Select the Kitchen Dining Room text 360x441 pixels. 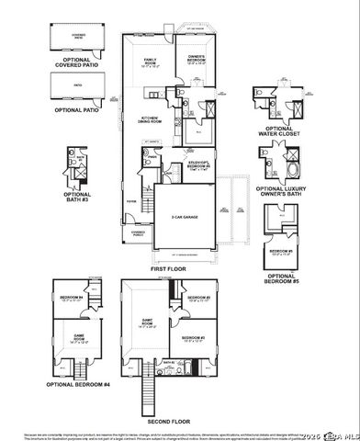[x=152, y=119]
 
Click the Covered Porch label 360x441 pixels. [x=139, y=233]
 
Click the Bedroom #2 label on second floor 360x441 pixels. [x=199, y=299]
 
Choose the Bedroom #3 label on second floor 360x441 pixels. [x=193, y=339]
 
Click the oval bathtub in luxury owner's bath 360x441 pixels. [x=293, y=170]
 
